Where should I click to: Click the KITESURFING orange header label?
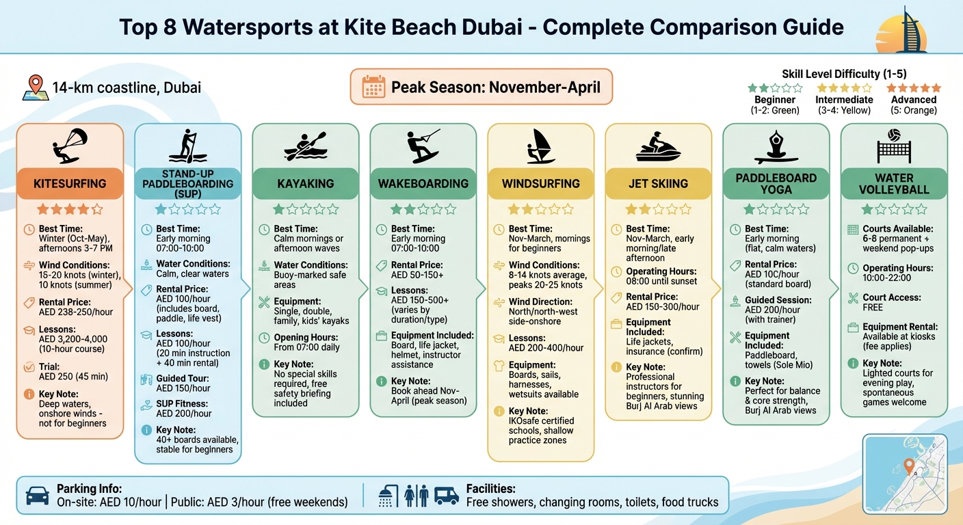70,183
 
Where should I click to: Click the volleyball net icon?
893,145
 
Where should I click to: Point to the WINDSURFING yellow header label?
540,183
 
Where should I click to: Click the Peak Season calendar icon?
373,87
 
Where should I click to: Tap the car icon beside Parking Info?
37,496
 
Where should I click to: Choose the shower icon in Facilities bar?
389,496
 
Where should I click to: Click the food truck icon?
446,496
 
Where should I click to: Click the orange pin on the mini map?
908,466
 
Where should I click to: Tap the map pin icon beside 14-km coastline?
34,88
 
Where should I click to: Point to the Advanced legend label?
914,100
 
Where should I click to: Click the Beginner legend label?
775,100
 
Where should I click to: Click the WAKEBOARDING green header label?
423,183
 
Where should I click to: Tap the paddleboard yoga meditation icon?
776,145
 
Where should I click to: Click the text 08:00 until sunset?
661,281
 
